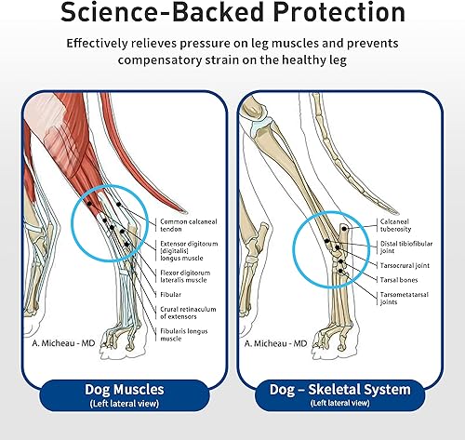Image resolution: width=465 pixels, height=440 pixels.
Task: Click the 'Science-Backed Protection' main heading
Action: point(232,15)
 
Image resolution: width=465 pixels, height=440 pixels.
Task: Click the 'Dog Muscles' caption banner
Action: point(117,394)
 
